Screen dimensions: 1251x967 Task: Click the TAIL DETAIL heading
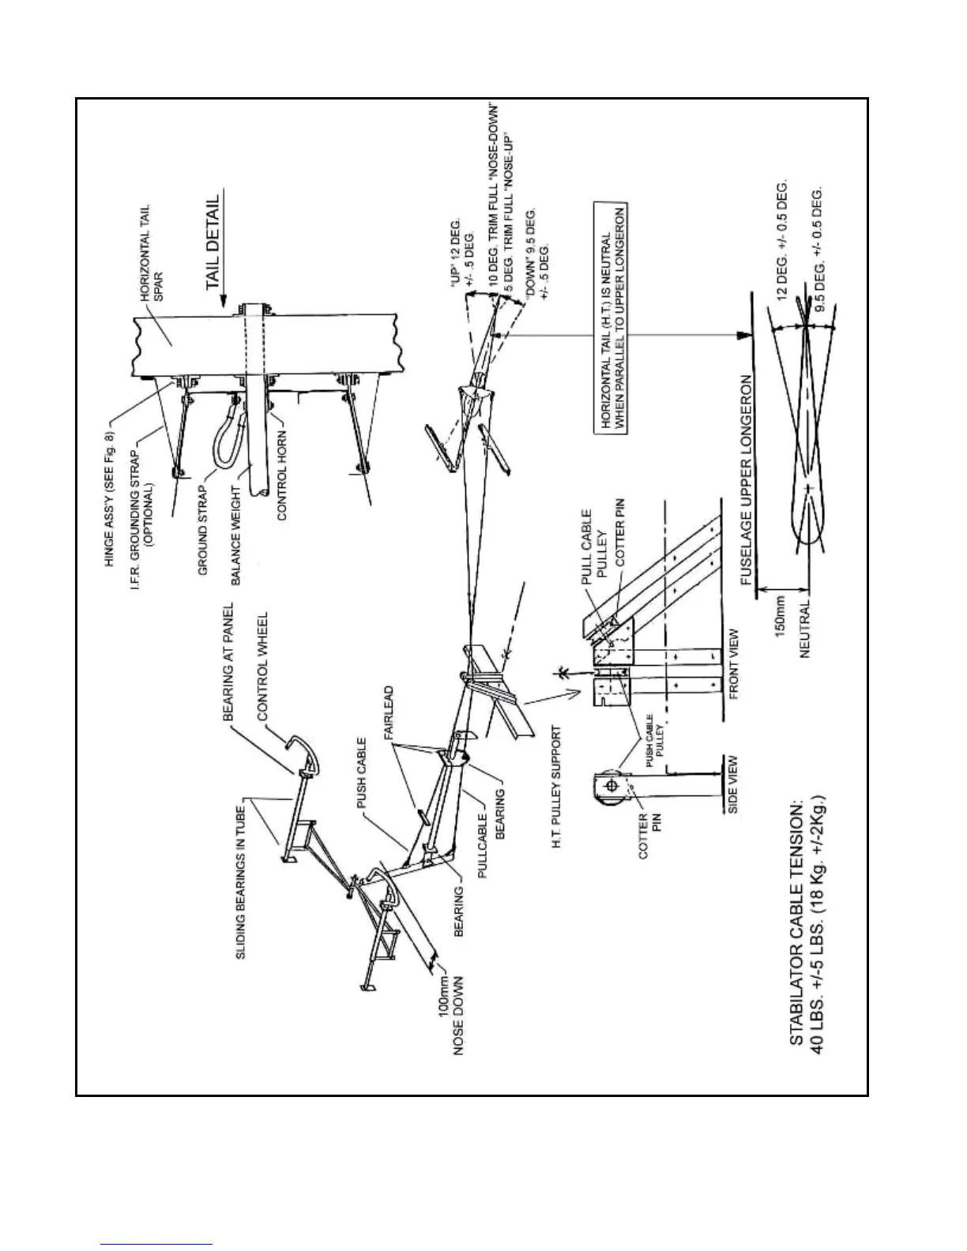pos(211,245)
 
